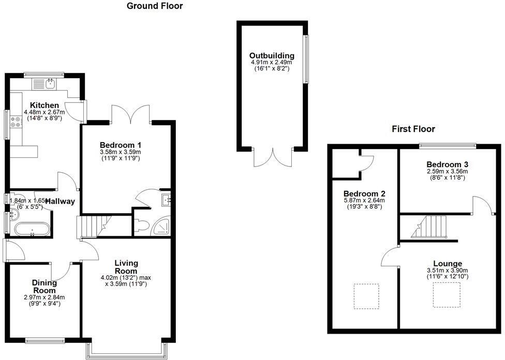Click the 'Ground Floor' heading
pos(155,6)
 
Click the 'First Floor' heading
pos(413,129)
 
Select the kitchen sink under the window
pos(51,83)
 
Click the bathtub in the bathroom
pos(32,229)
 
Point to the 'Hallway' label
pos(60,201)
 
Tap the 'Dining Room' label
pos(44,287)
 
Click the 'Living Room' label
pos(126,267)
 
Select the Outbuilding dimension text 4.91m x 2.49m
pos(272,63)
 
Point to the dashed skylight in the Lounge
pos(444,296)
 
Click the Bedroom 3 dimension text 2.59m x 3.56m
pos(448,171)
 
